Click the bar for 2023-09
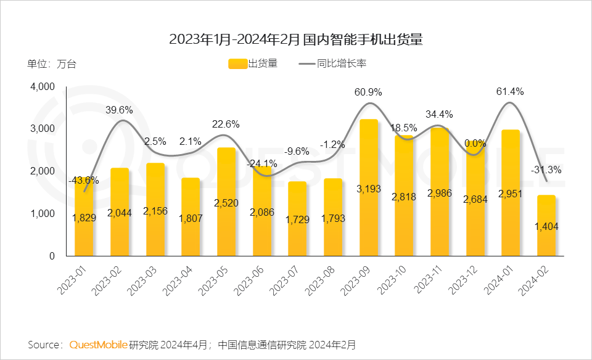[369, 188]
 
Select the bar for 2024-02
[546, 226]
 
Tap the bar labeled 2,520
[226, 202]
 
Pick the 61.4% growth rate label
[510, 92]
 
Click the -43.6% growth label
[84, 180]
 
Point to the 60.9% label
[368, 92]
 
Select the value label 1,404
[546, 227]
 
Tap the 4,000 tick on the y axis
[43, 87]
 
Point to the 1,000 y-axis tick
[43, 213]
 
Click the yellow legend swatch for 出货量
[237, 63]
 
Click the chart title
[296, 39]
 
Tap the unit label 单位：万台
[52, 63]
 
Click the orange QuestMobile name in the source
[99, 344]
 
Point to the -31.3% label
[546, 170]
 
